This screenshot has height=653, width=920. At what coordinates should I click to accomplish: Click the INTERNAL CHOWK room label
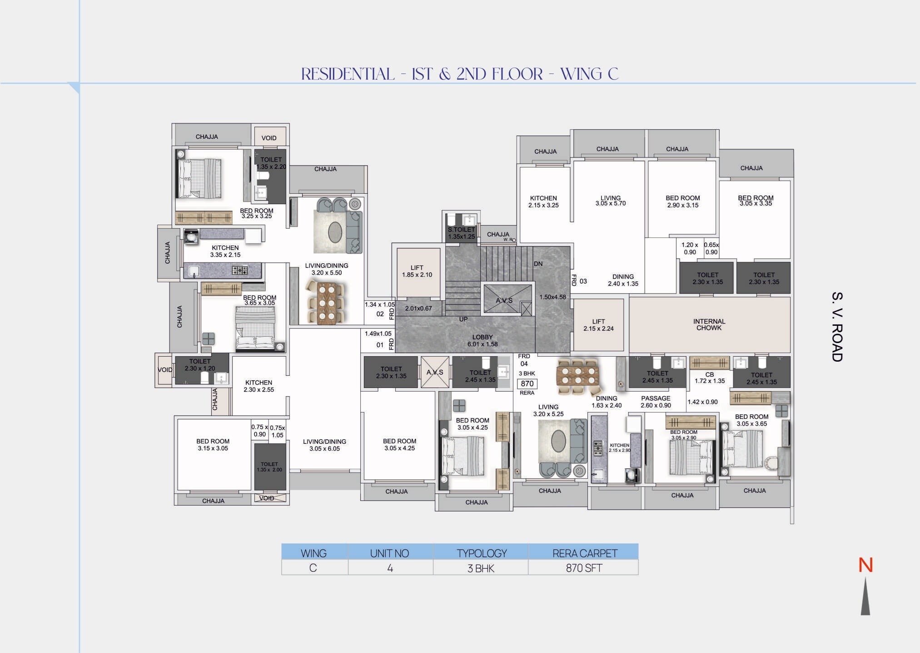[709, 324]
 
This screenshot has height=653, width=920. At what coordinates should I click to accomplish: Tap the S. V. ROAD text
[837, 327]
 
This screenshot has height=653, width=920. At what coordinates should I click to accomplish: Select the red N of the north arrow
[865, 565]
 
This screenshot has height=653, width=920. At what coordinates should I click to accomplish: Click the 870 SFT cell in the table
[584, 568]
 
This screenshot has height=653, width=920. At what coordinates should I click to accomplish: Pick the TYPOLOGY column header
[482, 553]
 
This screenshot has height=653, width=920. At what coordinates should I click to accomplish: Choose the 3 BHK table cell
[481, 568]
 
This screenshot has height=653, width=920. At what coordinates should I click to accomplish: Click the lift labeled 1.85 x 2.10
[417, 271]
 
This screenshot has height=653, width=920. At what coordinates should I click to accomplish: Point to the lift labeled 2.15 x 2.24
[598, 325]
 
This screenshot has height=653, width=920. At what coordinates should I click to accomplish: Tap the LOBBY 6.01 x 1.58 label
[482, 340]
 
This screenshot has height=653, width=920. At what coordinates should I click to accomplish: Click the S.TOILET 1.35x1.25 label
[461, 233]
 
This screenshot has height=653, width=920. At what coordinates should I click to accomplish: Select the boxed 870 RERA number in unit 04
[527, 384]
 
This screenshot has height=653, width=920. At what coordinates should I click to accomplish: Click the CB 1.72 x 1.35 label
[710, 378]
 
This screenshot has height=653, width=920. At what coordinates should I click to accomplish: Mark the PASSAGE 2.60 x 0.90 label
[656, 402]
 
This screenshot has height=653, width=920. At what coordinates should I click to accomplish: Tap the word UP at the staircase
[463, 319]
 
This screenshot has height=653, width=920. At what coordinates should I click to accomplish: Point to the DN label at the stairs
[538, 264]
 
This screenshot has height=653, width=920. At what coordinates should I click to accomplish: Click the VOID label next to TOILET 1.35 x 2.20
[269, 138]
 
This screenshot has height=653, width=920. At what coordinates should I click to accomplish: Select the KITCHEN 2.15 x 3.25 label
[543, 201]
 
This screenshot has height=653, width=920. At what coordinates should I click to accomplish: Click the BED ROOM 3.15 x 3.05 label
[213, 444]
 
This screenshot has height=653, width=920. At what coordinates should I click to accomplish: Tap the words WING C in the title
[589, 74]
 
